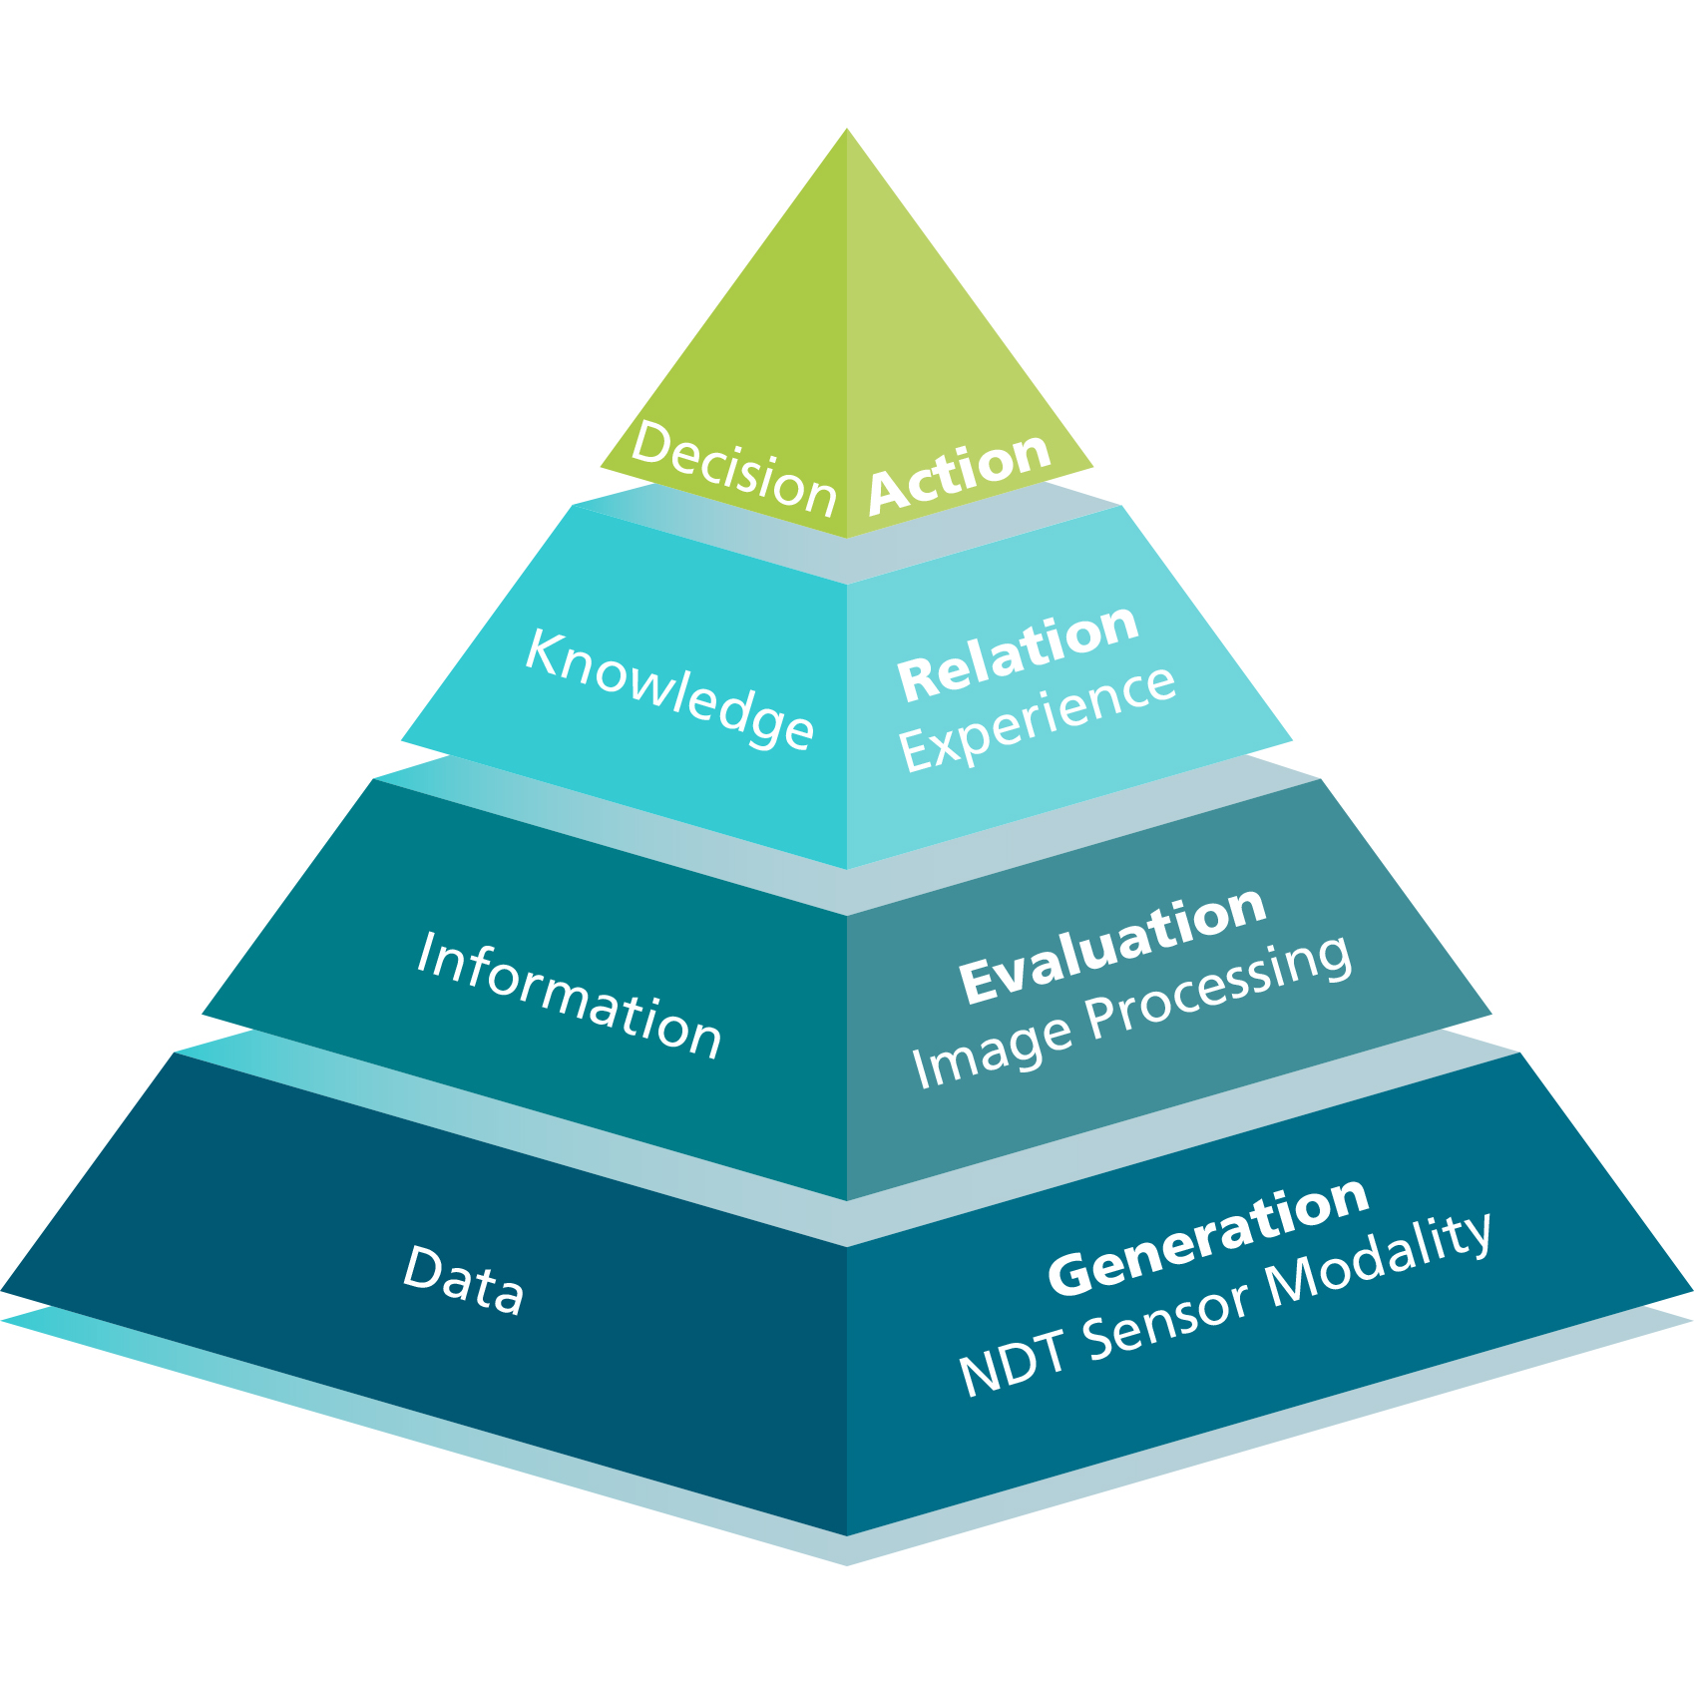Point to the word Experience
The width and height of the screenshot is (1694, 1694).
1038,718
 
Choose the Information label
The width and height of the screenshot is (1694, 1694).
569,996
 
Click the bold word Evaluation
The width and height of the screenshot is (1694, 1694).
1112,945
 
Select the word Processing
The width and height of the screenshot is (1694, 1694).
1218,988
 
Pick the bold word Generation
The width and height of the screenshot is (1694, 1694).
1208,1236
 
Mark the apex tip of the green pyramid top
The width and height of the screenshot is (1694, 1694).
847,131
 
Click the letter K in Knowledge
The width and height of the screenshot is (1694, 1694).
545,653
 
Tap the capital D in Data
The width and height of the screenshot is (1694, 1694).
422,1267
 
